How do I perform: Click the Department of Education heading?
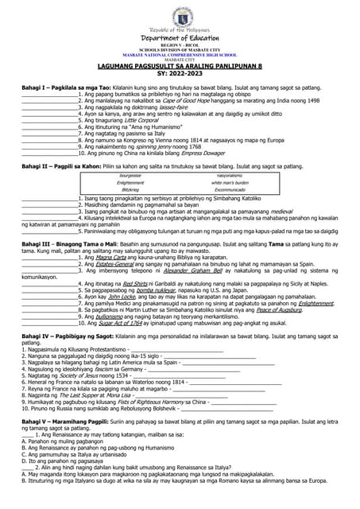[x=180, y=37]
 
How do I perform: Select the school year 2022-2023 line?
[x=180, y=73]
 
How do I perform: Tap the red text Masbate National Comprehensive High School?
[x=180, y=54]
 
